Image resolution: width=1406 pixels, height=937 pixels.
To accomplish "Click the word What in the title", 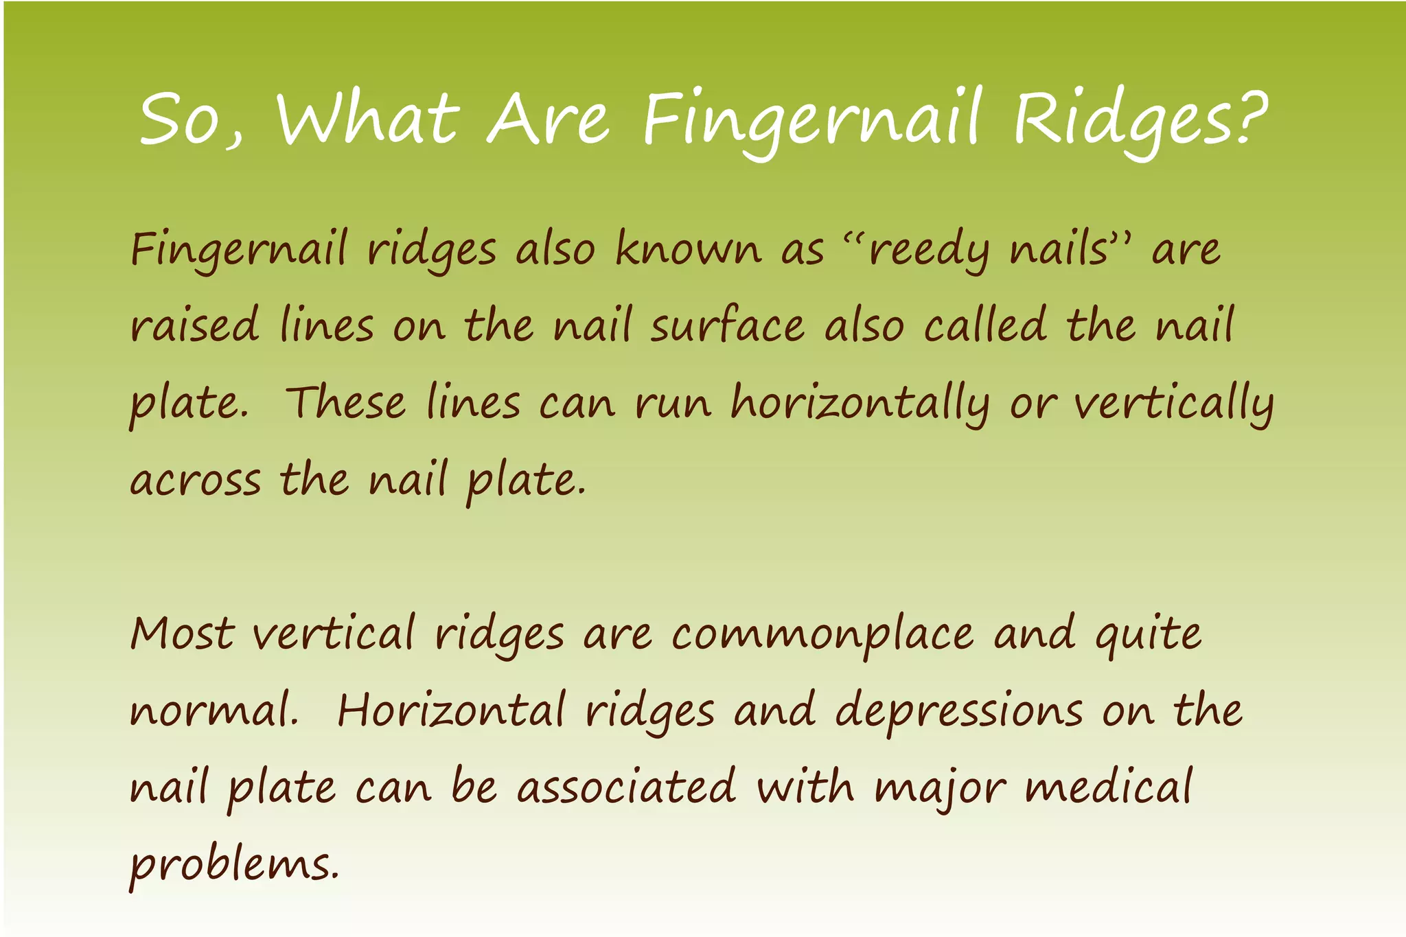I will point(367,118).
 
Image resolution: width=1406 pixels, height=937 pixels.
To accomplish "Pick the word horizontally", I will point(860,404).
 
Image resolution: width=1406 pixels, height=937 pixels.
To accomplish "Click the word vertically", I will point(1173,404).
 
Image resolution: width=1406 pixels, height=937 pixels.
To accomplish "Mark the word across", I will point(196,481).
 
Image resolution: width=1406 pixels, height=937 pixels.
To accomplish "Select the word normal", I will point(213,711).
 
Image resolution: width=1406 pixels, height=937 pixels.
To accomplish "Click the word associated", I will point(626,787).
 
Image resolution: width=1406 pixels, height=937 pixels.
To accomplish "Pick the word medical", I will point(1109,787).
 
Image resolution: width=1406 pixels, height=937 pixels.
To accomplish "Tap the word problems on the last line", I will point(233,865).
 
